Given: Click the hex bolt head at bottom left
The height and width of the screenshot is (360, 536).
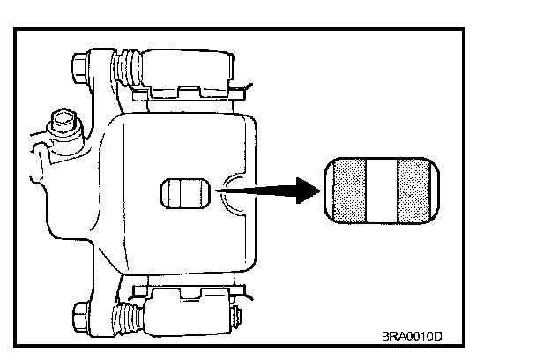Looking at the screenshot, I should [x=78, y=313].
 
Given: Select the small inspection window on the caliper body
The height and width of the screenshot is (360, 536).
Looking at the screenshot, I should [x=184, y=192].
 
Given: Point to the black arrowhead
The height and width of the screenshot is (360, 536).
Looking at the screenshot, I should [x=308, y=190].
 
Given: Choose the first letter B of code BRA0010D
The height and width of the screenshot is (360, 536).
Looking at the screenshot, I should [x=385, y=337].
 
